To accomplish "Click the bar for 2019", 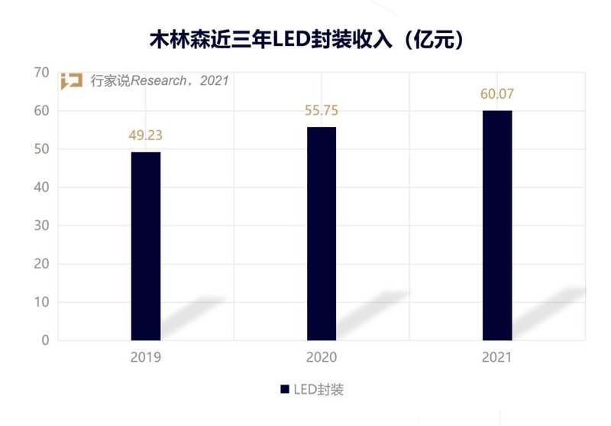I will coord(146,246).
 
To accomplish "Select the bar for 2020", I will coord(322,233).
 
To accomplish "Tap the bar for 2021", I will coord(497,225).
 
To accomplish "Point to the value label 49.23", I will coord(146,136).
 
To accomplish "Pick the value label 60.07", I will coord(497,95).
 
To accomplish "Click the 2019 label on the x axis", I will coord(146,357).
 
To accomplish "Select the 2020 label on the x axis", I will coord(322,357).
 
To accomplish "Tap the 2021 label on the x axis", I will coord(497,357).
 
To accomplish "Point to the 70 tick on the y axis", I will coord(41,73).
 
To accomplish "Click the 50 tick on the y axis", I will coord(41,149).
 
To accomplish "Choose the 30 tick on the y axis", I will coord(41,226).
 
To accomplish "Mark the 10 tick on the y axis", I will coord(41,302).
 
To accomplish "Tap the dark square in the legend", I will coord(285,389).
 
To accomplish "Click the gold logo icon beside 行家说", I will coord(72,81).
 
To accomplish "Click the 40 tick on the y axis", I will coord(41,187).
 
